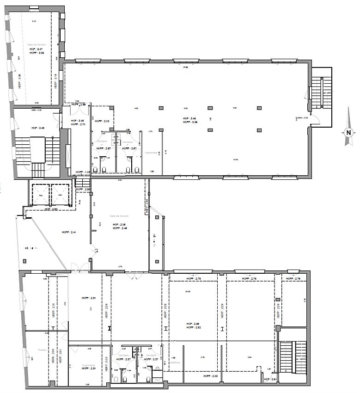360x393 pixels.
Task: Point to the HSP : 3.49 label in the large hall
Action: [x=190, y=118]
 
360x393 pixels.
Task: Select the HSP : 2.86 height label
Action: [x=193, y=324]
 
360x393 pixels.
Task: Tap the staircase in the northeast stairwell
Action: [x=320, y=92]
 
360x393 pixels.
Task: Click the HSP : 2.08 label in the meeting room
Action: [x=119, y=224]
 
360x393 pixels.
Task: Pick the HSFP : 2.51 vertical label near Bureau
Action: [x=60, y=357]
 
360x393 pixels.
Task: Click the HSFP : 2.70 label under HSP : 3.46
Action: [x=78, y=124]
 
